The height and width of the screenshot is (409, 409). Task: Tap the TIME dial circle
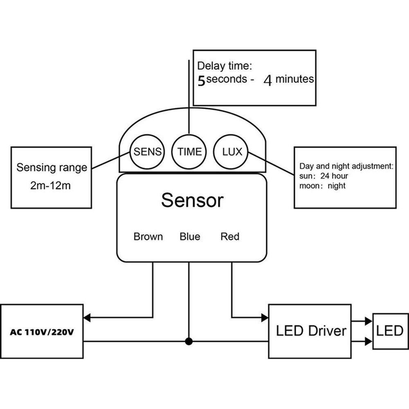pos(189,152)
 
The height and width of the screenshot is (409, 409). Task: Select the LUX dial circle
pos(232,152)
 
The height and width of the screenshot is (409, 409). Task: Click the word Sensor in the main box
pos(192,200)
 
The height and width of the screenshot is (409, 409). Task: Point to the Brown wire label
pos(148,236)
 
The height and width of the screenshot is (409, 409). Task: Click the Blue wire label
pos(190,236)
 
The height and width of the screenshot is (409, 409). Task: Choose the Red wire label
pos(230,236)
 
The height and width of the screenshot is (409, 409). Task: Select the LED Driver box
pos(310,331)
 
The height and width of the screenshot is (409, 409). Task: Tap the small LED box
pos(390,331)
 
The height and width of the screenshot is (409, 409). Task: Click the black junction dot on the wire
pos(189,342)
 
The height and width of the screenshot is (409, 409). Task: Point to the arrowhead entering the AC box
pos(87,317)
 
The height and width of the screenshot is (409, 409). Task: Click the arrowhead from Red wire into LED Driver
pos(265,317)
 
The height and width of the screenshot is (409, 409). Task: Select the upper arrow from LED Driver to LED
pos(368,321)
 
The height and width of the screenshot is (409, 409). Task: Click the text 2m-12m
pos(51,187)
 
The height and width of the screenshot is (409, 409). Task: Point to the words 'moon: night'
pos(322,186)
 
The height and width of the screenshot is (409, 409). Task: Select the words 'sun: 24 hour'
pos(324,176)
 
